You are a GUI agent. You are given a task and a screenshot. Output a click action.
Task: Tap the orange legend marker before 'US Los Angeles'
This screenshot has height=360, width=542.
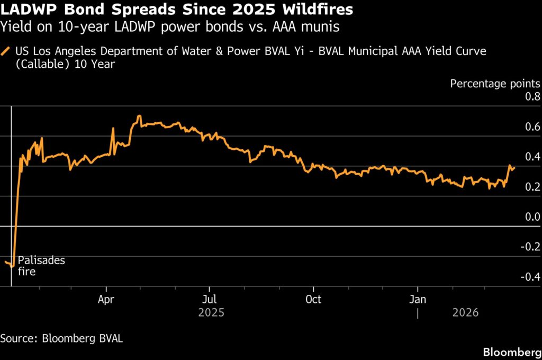pyautogui.click(x=6, y=51)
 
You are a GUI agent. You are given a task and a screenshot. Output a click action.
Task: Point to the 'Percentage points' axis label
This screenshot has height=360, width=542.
pyautogui.click(x=495, y=84)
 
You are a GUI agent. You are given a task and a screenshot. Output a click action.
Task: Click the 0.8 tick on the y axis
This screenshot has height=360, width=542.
pyautogui.click(x=531, y=97)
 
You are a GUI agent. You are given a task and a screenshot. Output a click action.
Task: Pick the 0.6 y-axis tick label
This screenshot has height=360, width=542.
pyautogui.click(x=531, y=127)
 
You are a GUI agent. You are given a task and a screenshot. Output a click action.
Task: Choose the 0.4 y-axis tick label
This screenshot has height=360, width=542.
pyautogui.click(x=531, y=157)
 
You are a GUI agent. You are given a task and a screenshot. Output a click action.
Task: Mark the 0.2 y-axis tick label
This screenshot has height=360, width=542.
pyautogui.click(x=531, y=187)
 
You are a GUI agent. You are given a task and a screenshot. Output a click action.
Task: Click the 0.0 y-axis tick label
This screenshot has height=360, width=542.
pyautogui.click(x=531, y=217)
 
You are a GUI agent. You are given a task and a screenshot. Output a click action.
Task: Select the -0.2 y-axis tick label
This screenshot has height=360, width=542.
pyautogui.click(x=530, y=247)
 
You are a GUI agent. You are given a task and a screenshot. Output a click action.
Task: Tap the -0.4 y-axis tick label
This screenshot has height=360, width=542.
pyautogui.click(x=530, y=277)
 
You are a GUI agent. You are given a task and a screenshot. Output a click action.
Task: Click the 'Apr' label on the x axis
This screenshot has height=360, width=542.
pyautogui.click(x=107, y=299)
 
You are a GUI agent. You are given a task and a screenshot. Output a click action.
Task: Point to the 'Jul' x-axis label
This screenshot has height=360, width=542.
pyautogui.click(x=210, y=299)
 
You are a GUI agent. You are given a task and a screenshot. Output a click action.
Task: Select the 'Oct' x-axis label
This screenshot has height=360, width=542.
pyautogui.click(x=313, y=299)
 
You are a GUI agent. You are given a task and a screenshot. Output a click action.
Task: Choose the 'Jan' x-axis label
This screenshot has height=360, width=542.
pyautogui.click(x=418, y=299)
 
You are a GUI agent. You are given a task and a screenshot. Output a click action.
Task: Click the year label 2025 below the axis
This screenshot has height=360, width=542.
pyautogui.click(x=211, y=313)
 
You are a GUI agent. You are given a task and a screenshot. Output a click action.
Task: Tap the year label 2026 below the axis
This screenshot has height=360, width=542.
pyautogui.click(x=465, y=313)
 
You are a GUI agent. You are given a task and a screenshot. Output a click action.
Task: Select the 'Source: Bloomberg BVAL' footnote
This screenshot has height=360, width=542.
pyautogui.click(x=61, y=338)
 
